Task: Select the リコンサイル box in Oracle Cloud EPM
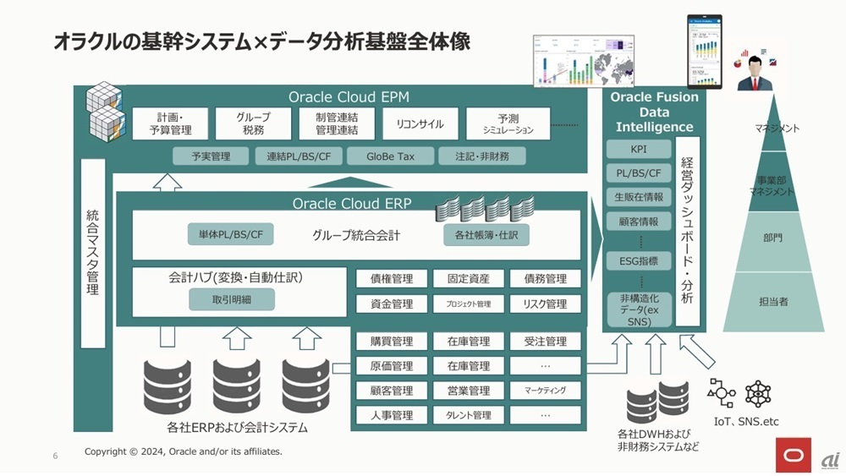tap(420, 124)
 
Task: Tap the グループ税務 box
tap(253, 124)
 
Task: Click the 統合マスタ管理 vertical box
tap(93, 253)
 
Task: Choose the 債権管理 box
tap(391, 279)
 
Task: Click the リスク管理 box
tap(545, 304)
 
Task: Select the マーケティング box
tap(545, 391)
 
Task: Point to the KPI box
tap(638, 150)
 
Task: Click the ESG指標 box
tap(638, 260)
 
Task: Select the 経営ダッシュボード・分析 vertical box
tap(687, 231)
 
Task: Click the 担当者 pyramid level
tap(773, 301)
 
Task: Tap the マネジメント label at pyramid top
tap(776, 129)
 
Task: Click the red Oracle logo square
tap(794, 455)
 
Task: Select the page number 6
tap(55, 457)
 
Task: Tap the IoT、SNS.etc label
tap(745, 421)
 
